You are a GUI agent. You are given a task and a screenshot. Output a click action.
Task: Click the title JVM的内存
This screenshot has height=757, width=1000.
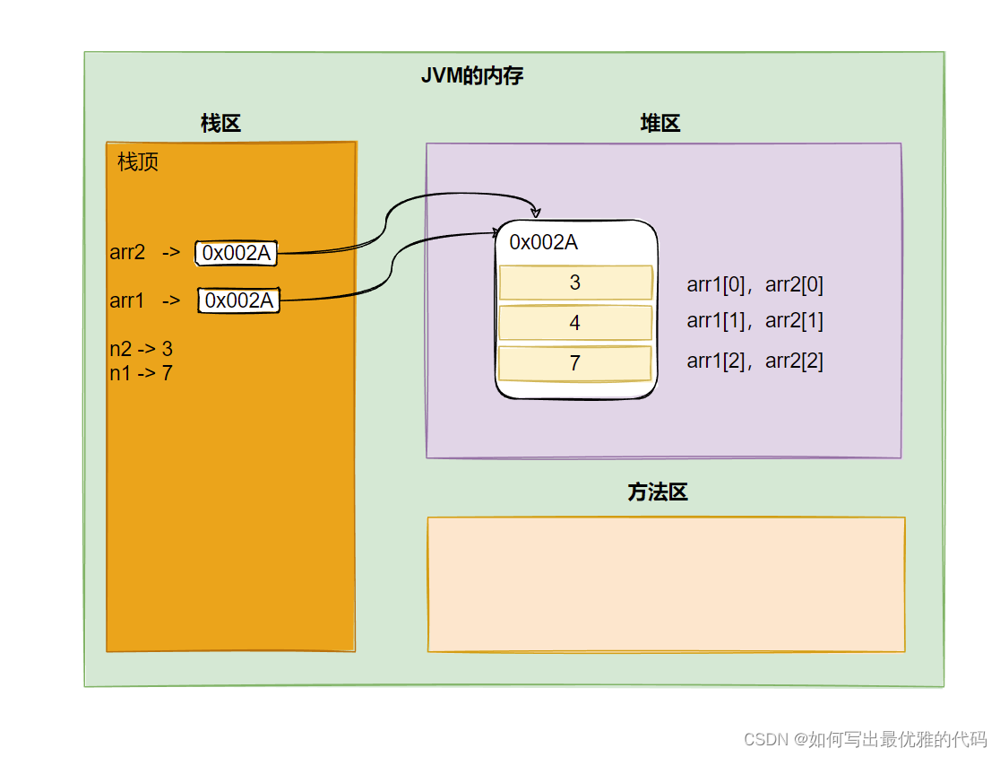coord(472,76)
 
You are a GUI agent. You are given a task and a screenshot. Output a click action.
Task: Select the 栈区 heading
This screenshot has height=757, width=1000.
coord(220,124)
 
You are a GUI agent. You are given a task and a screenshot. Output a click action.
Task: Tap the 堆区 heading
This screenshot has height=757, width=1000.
coord(660,124)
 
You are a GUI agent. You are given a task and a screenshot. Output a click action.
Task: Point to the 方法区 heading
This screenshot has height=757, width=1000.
coord(657,492)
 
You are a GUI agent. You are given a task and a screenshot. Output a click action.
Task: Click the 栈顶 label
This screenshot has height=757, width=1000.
coord(138,163)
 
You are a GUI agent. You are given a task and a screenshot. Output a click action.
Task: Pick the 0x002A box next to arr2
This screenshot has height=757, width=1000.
coord(236,254)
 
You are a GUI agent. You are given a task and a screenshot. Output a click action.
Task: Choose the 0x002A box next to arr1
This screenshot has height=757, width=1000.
coord(238,300)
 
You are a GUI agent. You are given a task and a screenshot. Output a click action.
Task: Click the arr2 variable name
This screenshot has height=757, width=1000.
coord(127,253)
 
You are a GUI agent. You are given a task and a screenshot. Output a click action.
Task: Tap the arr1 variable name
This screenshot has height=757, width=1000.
coord(127,300)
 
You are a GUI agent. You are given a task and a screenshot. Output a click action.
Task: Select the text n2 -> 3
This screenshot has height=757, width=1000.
coord(141,349)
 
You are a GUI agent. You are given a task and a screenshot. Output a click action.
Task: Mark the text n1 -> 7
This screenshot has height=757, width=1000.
coord(141,372)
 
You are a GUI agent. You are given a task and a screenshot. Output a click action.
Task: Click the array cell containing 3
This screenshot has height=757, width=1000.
coord(574,283)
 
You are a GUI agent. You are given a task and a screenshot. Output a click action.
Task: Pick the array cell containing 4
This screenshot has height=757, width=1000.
coord(574,323)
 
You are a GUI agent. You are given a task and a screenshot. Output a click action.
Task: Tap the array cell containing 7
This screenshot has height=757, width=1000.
coord(574,363)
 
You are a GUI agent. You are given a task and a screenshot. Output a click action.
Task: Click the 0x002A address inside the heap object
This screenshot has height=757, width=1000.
coord(543,242)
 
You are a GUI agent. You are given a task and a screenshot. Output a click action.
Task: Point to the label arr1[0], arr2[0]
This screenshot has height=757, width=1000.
coord(754,285)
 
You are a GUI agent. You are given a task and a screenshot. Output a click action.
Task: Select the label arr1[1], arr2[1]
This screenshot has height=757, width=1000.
coord(754,320)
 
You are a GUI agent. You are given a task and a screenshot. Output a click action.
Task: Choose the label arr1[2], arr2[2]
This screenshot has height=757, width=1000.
coord(754,361)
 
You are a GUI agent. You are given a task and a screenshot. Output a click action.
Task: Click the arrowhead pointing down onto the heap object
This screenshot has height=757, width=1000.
coord(537,213)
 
